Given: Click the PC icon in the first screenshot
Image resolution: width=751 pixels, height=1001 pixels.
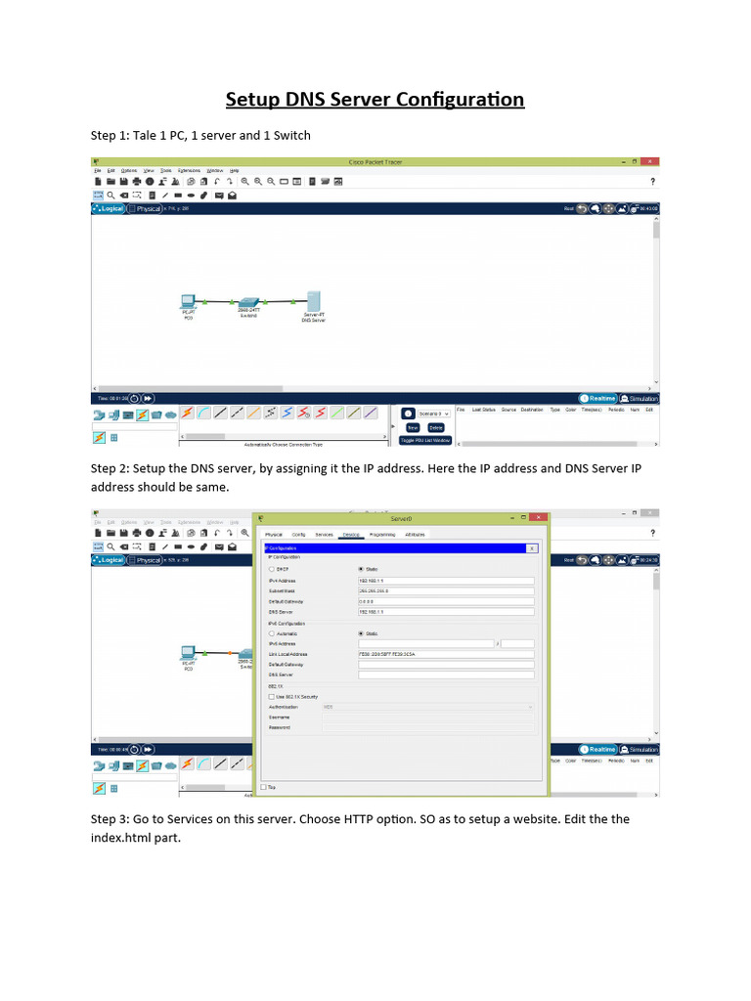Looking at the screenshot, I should click(x=189, y=301).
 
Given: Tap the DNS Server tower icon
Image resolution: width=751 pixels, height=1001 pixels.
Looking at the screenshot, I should click(x=314, y=301).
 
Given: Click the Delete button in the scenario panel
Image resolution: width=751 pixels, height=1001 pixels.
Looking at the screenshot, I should click(x=436, y=427).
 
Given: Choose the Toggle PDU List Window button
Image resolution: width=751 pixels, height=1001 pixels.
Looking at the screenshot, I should click(x=424, y=440).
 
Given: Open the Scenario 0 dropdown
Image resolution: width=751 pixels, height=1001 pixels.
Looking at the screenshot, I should click(x=434, y=413).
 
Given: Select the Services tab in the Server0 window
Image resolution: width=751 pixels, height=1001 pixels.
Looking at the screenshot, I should click(x=324, y=535).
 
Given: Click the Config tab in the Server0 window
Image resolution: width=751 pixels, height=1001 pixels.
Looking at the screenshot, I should click(x=298, y=535).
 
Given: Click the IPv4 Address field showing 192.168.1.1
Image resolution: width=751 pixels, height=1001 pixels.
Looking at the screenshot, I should click(x=446, y=580).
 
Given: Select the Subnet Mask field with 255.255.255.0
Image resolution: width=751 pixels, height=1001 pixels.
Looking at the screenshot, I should click(x=446, y=590).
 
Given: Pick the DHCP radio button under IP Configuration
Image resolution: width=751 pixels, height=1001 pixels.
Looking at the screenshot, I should click(x=272, y=568).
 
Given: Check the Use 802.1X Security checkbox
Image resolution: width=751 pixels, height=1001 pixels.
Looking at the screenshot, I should click(x=272, y=696).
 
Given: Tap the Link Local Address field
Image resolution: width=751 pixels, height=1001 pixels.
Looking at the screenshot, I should click(x=446, y=653).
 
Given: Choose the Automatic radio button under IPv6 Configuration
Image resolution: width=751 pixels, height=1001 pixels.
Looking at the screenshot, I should click(x=272, y=633).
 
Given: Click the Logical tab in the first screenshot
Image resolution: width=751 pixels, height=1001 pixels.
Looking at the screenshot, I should click(x=109, y=208).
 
